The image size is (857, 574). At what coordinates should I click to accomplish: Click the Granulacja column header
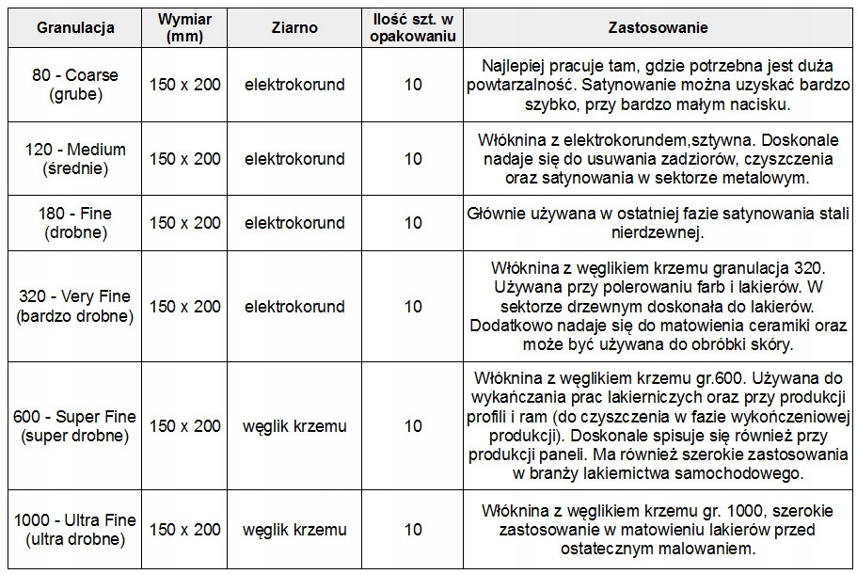tap(75, 27)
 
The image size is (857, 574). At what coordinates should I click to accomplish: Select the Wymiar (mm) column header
tap(184, 27)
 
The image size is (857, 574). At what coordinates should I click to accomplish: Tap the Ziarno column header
tap(294, 27)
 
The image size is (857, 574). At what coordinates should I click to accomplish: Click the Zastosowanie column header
tap(659, 27)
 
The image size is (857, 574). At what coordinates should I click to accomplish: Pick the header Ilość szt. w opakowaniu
tap(413, 27)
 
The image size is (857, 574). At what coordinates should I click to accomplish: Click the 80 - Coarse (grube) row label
tap(75, 84)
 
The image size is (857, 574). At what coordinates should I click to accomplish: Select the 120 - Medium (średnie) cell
tap(75, 158)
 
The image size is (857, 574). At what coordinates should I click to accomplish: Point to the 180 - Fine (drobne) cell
tap(75, 223)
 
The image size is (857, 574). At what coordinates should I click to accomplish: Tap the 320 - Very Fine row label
tap(75, 306)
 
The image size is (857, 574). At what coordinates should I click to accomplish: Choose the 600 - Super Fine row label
tap(75, 425)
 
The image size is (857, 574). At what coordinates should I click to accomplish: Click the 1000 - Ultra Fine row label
tap(75, 530)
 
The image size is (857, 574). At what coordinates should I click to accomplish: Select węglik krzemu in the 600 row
tap(294, 426)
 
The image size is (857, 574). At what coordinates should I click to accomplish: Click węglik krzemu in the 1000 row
tap(294, 530)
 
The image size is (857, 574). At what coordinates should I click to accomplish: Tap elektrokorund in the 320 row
tap(294, 307)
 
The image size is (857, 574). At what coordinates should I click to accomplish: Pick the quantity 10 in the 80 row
tap(413, 85)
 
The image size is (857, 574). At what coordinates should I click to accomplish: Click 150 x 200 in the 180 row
tap(184, 223)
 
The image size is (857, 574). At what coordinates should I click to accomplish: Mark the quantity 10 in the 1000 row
tap(413, 530)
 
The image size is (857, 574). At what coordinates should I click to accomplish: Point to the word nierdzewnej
tap(658, 232)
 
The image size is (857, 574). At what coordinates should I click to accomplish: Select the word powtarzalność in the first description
tap(532, 85)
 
